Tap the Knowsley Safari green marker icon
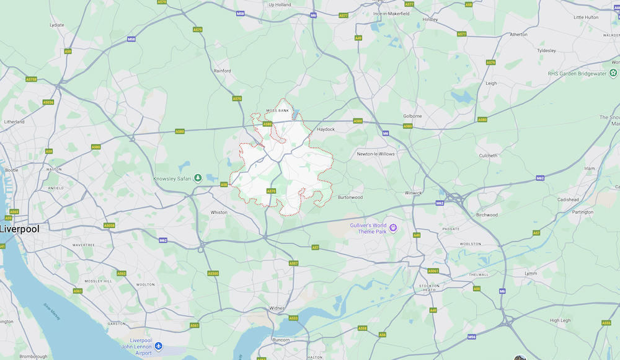point(198,178)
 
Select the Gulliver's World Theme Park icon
point(393,229)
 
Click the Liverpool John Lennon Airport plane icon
point(159,345)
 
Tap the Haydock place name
point(325,130)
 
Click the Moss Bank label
point(277,110)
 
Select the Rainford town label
point(223,71)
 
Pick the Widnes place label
point(277,307)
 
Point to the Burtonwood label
point(350,198)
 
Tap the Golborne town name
point(412,116)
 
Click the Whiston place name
point(219,212)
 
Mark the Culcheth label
point(488,156)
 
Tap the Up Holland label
point(280,5)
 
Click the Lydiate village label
point(56,25)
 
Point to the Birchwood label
point(487,215)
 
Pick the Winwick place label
point(413,193)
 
